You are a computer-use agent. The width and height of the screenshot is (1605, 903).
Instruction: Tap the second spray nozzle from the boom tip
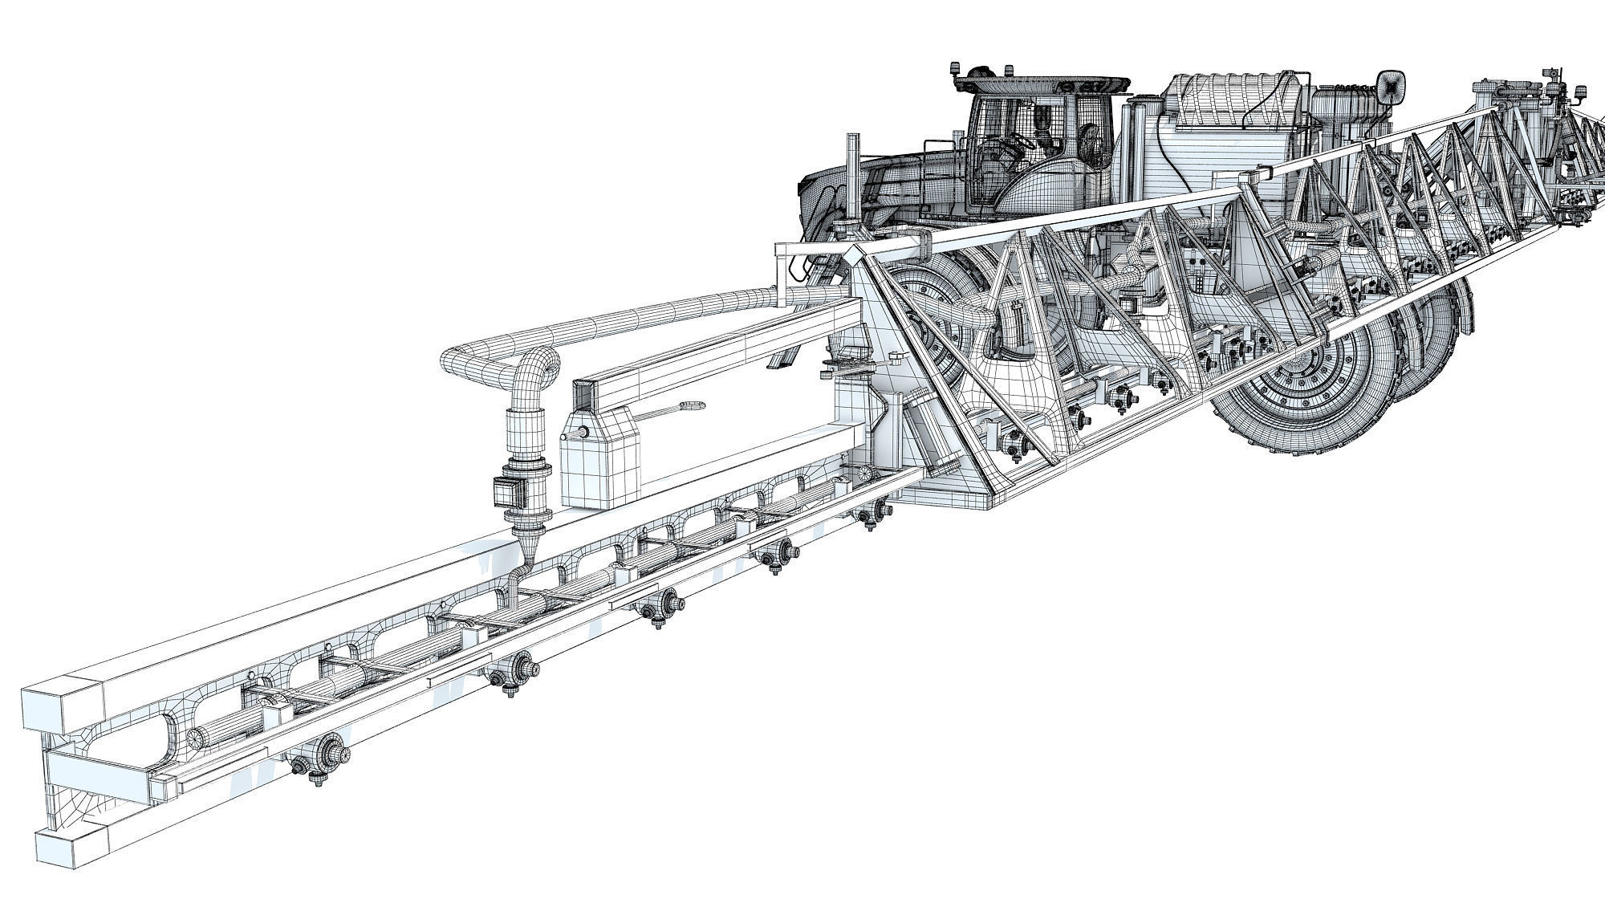point(514,668)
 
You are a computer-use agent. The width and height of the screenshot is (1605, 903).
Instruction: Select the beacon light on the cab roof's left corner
point(955,67)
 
